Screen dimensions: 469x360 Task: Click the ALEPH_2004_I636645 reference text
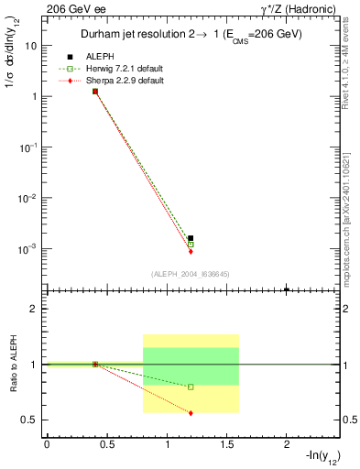(191, 274)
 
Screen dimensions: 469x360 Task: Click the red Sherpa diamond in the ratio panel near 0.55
(191, 413)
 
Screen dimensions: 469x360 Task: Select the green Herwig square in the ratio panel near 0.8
(191, 387)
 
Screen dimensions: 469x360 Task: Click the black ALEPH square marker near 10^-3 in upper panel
(191, 238)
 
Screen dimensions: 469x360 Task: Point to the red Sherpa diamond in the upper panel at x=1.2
(191, 251)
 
